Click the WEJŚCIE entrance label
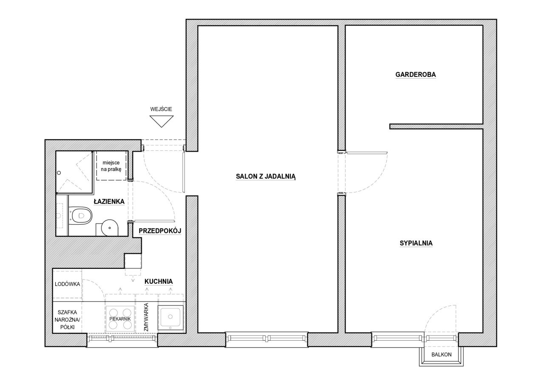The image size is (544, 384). [161, 109]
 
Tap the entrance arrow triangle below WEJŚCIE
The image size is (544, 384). [161, 121]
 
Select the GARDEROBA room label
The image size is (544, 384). [416, 74]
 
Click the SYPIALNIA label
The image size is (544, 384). [416, 243]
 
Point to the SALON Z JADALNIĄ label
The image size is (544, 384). [266, 176]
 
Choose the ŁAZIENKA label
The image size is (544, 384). [109, 201]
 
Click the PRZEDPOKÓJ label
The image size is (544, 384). [160, 231]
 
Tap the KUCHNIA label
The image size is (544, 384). [159, 281]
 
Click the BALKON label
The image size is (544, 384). [442, 354]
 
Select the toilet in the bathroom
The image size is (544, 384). [81, 215]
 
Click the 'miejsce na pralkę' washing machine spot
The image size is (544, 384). [111, 166]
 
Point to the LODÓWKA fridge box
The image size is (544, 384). [67, 284]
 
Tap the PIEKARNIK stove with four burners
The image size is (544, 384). [120, 319]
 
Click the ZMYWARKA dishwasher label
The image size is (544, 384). [146, 317]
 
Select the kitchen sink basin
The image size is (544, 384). [170, 317]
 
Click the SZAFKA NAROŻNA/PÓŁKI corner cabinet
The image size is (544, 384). [67, 319]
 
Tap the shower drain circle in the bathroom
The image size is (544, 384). [59, 173]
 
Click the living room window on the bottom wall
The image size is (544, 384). [266, 339]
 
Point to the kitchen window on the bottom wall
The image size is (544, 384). [122, 340]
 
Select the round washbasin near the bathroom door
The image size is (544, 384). [109, 228]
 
